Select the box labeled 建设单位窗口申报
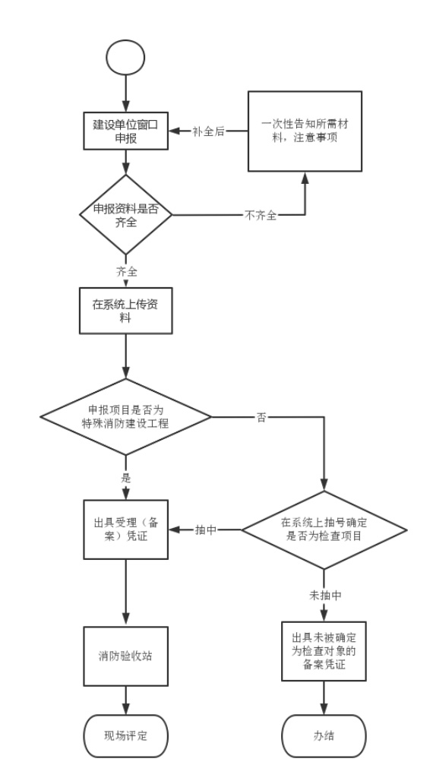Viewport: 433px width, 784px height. tap(125, 131)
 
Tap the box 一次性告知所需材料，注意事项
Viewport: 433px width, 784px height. tap(305, 131)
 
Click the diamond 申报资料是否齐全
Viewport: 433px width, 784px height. tap(125, 215)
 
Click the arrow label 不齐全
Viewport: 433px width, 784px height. tap(260, 216)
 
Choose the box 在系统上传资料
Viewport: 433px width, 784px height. tap(125, 310)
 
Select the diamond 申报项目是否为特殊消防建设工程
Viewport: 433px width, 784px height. tap(125, 416)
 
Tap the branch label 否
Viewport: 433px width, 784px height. tap(261, 417)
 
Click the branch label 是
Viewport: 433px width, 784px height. tap(125, 478)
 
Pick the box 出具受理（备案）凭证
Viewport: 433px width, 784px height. tap(125, 530)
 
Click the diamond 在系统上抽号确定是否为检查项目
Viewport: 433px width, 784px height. tap(324, 530)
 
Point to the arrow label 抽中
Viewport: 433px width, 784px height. tap(206, 530)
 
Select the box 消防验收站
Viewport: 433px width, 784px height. tap(125, 656)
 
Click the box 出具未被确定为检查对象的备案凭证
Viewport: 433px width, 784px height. tap(324, 651)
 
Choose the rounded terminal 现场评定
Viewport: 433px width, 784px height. tap(125, 736)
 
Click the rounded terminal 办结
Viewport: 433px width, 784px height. tap(324, 736)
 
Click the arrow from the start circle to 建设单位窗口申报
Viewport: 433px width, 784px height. tap(125, 94)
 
